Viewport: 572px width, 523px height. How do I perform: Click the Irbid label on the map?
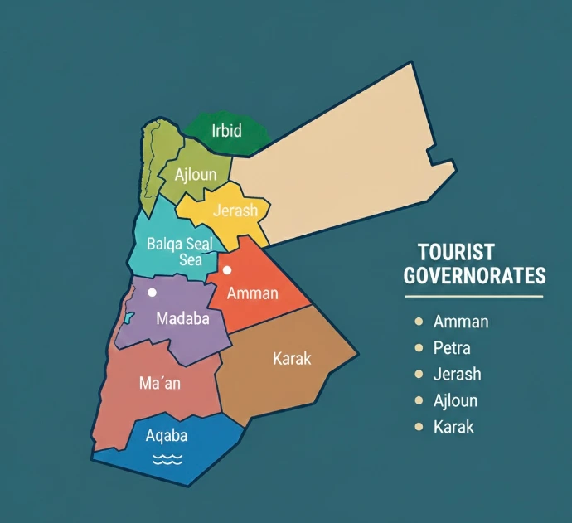point(225,130)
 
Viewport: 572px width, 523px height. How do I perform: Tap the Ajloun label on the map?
point(196,175)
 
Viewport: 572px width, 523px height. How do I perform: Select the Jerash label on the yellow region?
point(235,211)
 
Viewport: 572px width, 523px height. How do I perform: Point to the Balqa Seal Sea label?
point(180,252)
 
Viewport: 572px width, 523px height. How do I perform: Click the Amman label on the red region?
point(252,293)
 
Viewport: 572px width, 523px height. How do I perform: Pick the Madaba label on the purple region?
point(182,318)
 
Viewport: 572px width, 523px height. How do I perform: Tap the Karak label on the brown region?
point(292,359)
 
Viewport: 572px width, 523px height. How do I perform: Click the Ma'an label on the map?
point(159,385)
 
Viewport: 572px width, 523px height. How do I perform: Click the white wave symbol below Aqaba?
point(167,458)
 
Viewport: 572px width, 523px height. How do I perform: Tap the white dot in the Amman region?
point(227,269)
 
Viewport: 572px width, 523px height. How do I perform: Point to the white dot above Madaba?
point(152,293)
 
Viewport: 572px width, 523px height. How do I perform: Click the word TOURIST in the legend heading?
point(456,252)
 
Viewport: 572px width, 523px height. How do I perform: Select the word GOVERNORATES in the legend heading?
point(475,276)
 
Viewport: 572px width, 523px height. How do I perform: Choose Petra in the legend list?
point(452,348)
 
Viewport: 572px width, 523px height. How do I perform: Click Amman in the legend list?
point(461,322)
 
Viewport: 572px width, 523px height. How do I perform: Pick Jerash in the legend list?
point(457,375)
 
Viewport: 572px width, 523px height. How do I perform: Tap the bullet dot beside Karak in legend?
point(418,428)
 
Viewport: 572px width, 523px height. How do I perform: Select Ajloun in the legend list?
point(455,401)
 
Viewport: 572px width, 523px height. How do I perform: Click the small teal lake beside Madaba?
point(128,317)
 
